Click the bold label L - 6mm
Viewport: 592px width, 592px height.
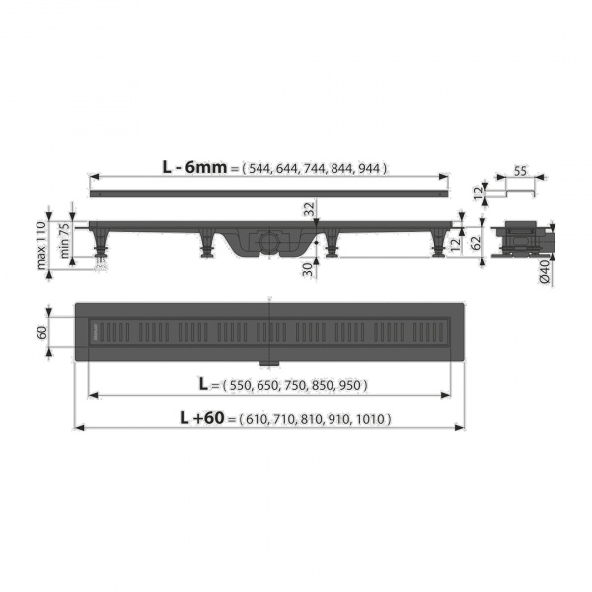pyautogui.click(x=194, y=167)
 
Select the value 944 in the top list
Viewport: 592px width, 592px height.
pyautogui.click(x=369, y=168)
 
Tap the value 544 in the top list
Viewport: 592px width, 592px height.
pyautogui.click(x=259, y=168)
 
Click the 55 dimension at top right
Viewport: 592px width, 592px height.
pyautogui.click(x=520, y=171)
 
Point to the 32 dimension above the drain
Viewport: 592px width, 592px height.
pyautogui.click(x=309, y=209)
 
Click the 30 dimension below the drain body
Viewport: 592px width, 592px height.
pyautogui.click(x=309, y=269)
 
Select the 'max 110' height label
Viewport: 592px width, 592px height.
pyautogui.click(x=41, y=246)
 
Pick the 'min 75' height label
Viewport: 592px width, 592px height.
pyautogui.click(x=64, y=240)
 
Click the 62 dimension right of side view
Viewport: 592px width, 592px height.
pyautogui.click(x=477, y=243)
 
